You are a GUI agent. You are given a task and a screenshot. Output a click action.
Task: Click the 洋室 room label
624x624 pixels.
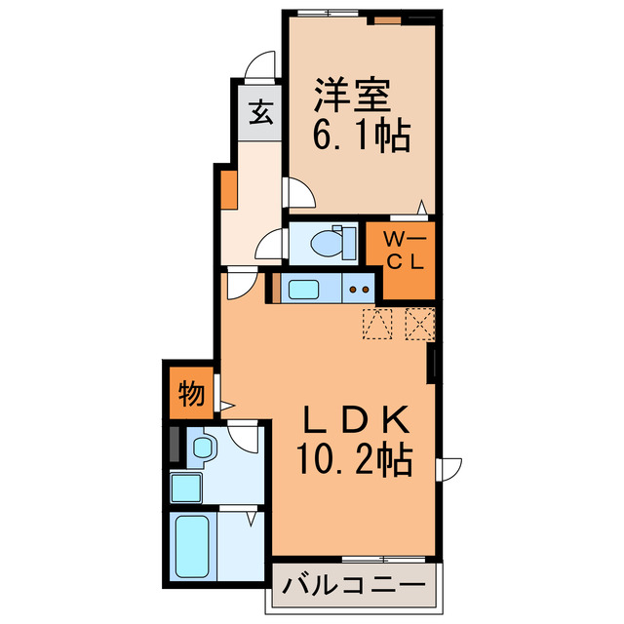click(352, 97)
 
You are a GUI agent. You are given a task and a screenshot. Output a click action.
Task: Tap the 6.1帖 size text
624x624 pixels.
click(360, 135)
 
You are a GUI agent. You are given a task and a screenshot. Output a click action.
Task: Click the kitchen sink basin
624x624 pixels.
click(303, 288)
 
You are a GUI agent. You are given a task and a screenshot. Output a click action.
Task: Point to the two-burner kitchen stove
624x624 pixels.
click(359, 288)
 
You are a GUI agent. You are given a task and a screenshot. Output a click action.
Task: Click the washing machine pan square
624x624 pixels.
click(186, 487)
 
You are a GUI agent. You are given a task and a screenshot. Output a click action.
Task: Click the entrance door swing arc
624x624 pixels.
click(259, 66)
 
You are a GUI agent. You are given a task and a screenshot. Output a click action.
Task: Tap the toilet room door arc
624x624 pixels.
click(270, 245)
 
